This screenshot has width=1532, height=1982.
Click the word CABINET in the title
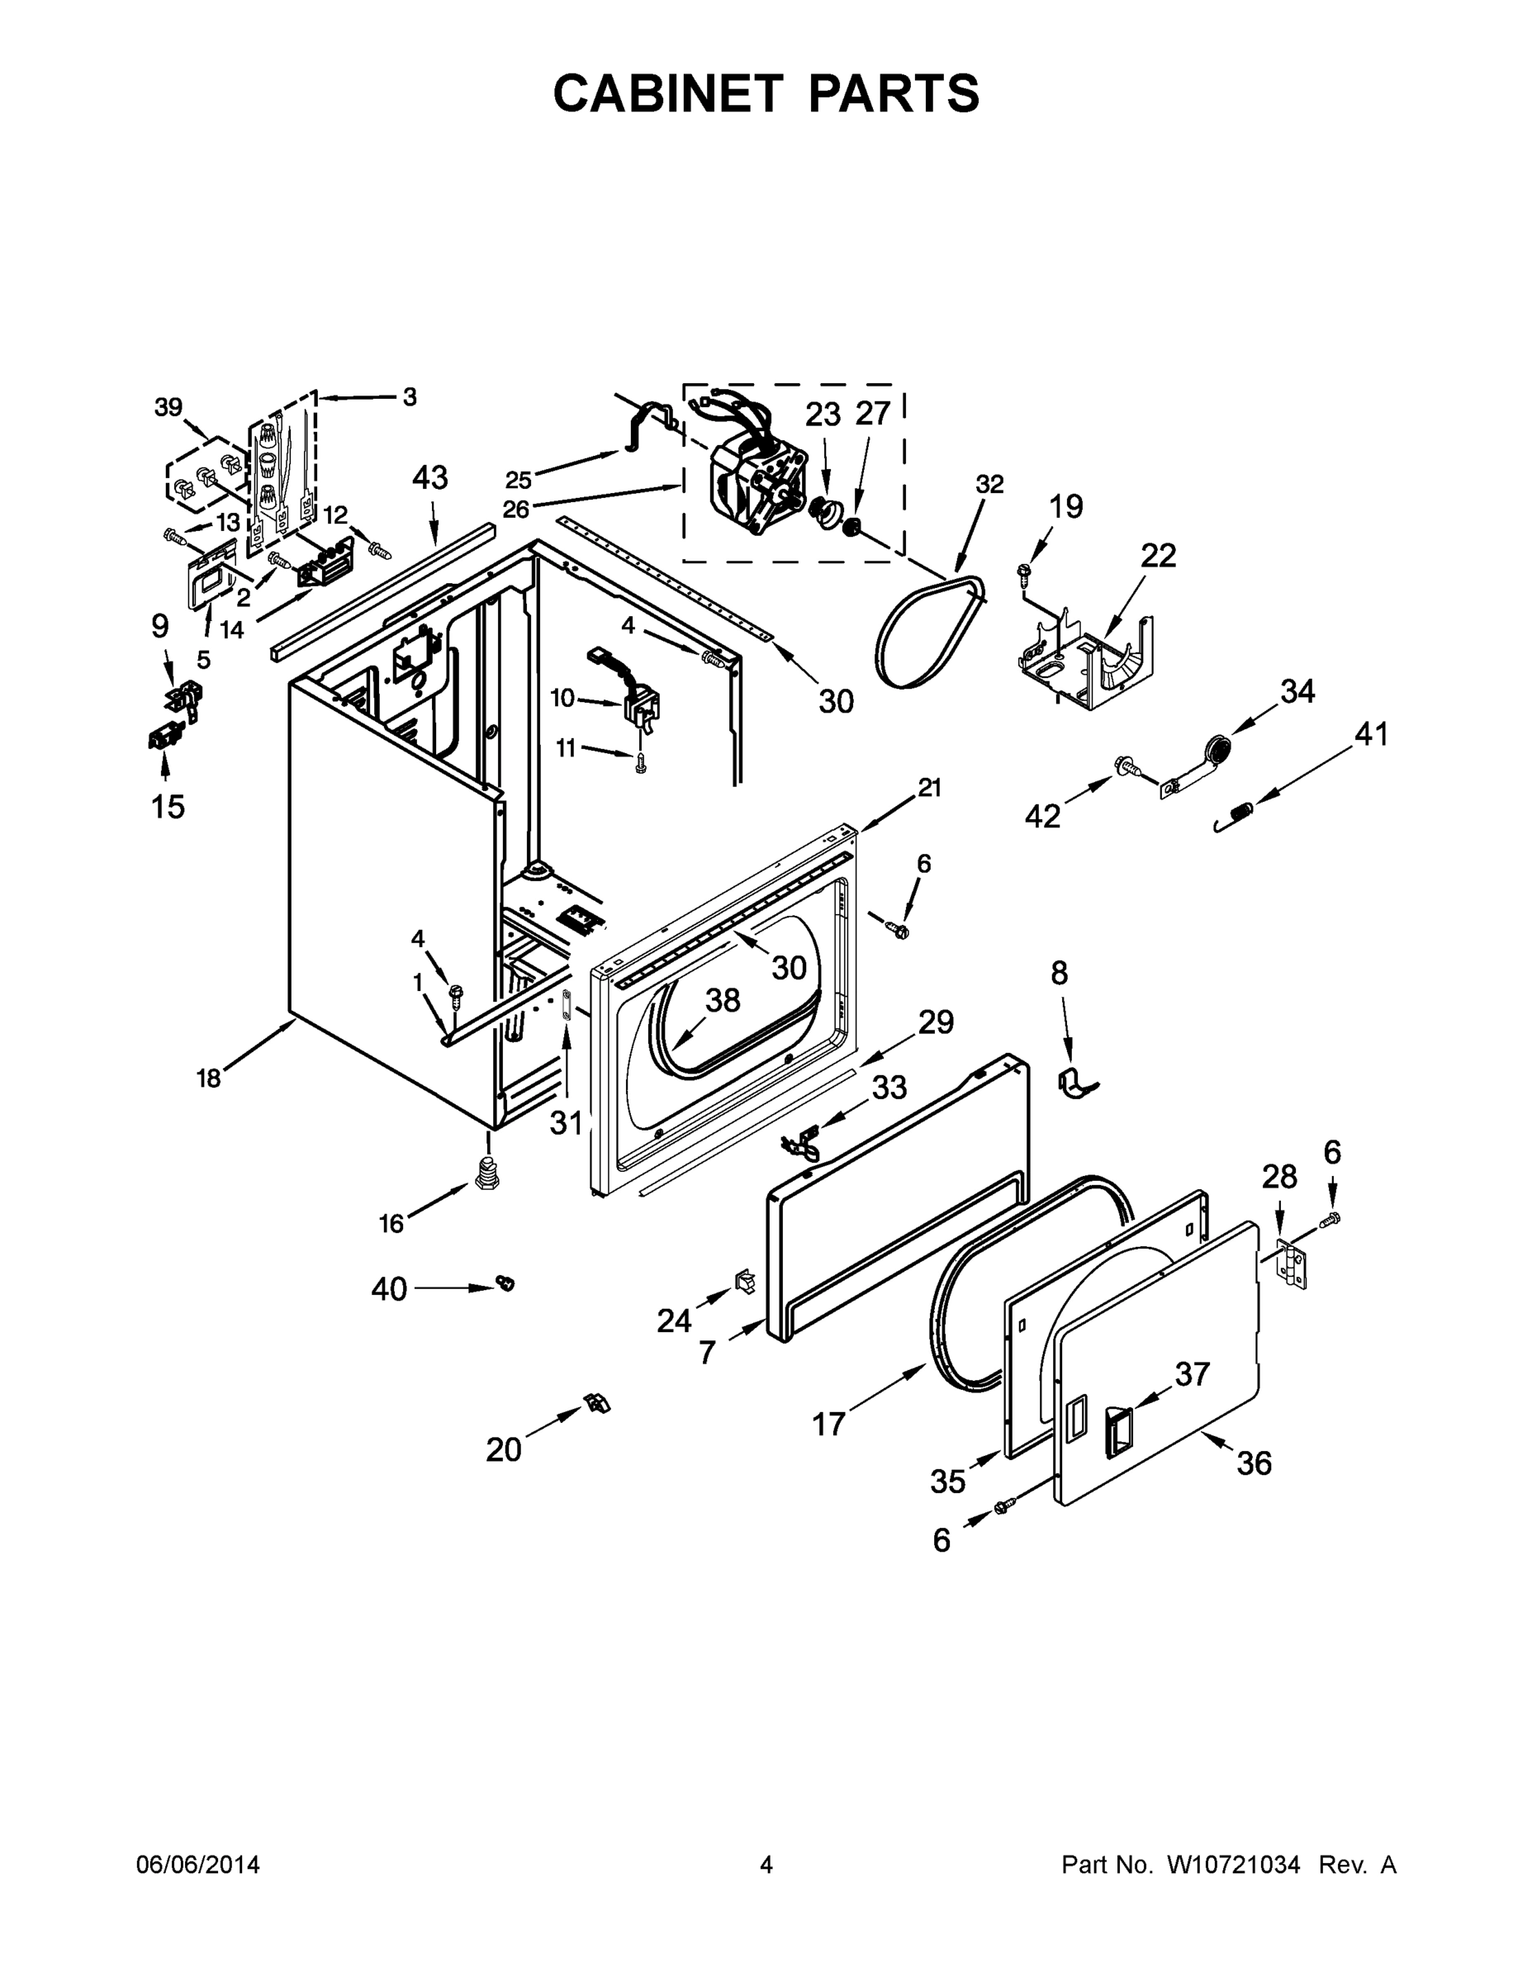(x=667, y=93)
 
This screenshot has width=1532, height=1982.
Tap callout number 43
(x=430, y=478)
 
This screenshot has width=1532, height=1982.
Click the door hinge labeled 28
(x=1292, y=1263)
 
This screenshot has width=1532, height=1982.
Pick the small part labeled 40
(x=505, y=1282)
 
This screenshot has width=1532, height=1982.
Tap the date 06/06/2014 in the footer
(x=198, y=1864)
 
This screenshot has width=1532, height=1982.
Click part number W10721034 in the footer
(x=1232, y=1864)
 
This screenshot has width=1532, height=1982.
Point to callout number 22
(x=1157, y=556)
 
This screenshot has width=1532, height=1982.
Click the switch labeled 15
(x=162, y=736)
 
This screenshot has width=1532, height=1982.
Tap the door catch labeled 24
(x=744, y=1282)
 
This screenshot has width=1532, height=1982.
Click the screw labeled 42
(x=1130, y=768)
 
